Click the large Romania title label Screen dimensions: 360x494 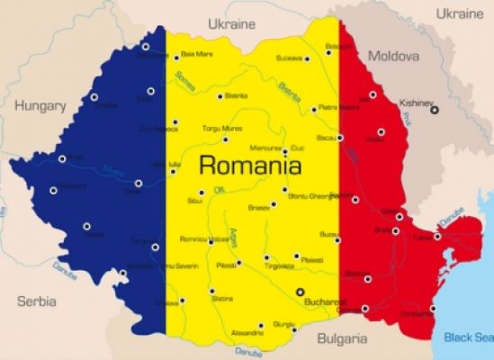point(250,166)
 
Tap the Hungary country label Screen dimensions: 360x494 point(40,105)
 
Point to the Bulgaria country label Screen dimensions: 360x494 point(342,339)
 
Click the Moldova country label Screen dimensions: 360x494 point(393,56)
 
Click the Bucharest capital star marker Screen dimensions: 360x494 point(301,292)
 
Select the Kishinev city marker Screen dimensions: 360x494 point(435,110)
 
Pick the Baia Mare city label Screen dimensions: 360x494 point(197,55)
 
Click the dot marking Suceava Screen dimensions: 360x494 point(307,58)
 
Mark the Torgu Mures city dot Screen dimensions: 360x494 point(226,139)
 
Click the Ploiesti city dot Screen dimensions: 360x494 point(296,256)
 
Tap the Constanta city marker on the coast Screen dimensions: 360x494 point(433,309)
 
